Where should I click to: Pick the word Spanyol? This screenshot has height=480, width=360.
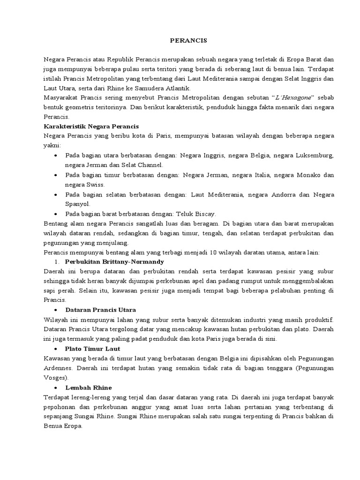click(75, 204)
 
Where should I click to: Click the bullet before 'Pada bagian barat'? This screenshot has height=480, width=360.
click(57, 214)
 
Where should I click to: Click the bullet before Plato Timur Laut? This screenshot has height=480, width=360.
click(57, 349)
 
